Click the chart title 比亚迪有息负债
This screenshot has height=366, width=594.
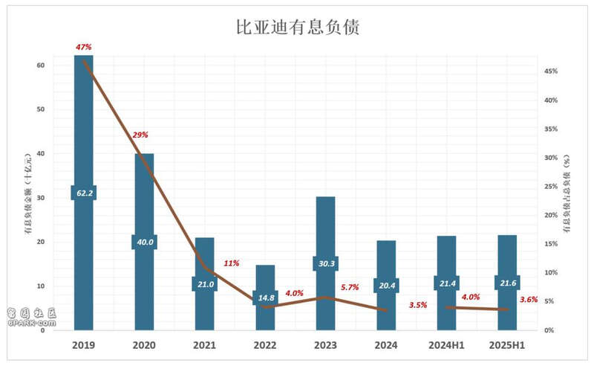click(x=297, y=28)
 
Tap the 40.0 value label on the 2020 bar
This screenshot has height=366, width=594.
click(x=144, y=242)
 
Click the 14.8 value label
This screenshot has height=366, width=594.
click(x=265, y=298)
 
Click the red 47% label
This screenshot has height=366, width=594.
click(x=84, y=47)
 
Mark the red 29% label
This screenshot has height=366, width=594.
click(x=140, y=135)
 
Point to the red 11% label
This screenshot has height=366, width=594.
click(x=231, y=263)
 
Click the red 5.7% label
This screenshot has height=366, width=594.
click(x=349, y=287)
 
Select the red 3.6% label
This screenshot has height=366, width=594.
click(x=529, y=300)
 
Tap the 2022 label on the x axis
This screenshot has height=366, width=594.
click(x=265, y=346)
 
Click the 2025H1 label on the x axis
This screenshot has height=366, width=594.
click(x=507, y=346)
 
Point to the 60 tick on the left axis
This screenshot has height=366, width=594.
click(x=40, y=65)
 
